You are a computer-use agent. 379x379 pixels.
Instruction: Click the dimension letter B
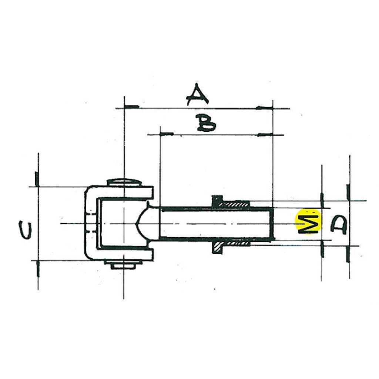(206, 123)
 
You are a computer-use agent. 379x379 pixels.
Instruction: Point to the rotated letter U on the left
(26, 230)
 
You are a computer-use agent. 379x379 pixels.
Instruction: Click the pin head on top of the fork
(124, 182)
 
